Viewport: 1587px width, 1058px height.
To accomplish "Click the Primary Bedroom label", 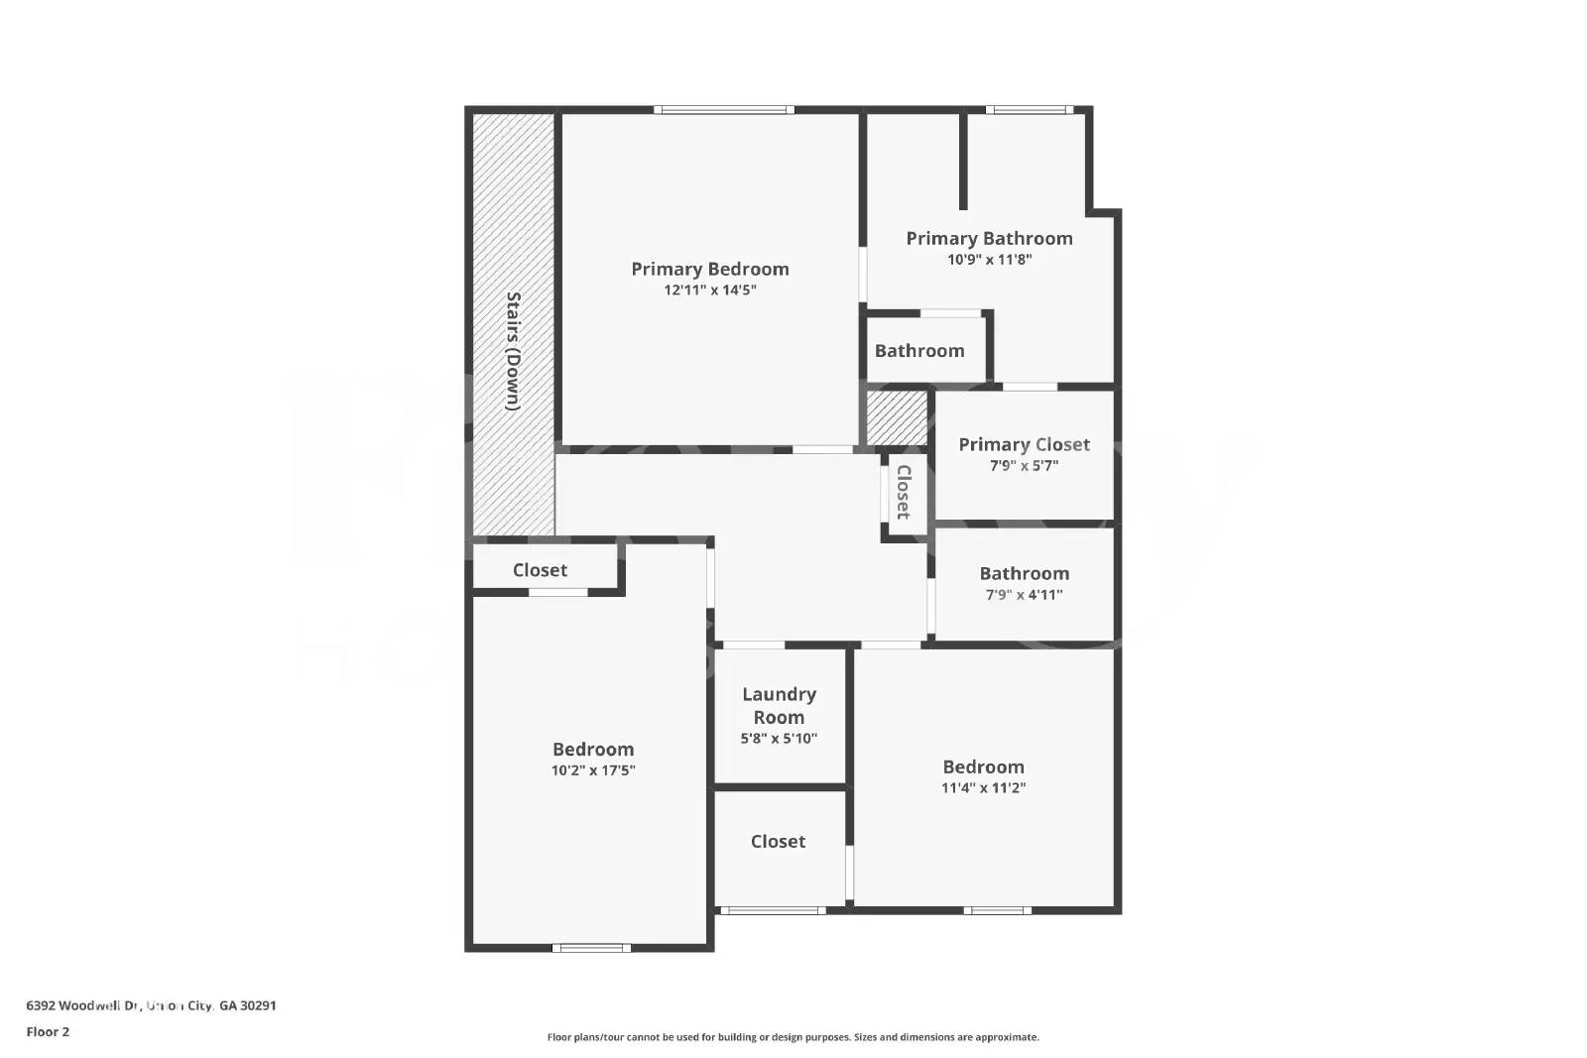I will pos(710,269).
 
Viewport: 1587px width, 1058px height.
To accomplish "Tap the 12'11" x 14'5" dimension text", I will pos(710,291).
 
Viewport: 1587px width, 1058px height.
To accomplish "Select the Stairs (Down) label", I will pos(513,350).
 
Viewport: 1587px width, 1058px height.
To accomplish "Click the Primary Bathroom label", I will pos(989,238).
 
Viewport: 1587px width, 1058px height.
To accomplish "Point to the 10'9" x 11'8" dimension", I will pos(989,260).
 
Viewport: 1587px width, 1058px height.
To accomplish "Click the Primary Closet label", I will pos(1024,444).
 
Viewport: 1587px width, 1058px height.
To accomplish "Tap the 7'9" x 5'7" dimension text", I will pos(1024,466).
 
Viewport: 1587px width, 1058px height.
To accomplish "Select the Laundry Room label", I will pos(779,705).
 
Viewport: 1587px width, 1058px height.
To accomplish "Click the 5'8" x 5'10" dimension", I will pos(779,739).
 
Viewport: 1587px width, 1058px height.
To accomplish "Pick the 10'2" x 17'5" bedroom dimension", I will pos(593,770).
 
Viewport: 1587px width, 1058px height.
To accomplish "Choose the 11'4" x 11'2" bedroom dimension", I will pos(983,788).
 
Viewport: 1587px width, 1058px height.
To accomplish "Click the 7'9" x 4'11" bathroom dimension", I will pos(1024,595).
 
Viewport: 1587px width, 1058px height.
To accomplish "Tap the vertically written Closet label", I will pos(904,492).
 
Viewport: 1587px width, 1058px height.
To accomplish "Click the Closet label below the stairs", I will pos(540,570).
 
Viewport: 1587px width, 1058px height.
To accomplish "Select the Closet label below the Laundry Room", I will pos(778,841).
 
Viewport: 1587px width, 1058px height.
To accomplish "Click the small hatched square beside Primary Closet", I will pos(897,417).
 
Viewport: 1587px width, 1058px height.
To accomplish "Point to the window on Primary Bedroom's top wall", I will pos(723,110).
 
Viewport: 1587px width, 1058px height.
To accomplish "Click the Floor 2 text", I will pos(48,1031).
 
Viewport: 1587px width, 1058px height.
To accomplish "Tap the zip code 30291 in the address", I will pos(258,1005).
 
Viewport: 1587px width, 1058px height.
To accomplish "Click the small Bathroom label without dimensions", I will pos(918,351).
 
